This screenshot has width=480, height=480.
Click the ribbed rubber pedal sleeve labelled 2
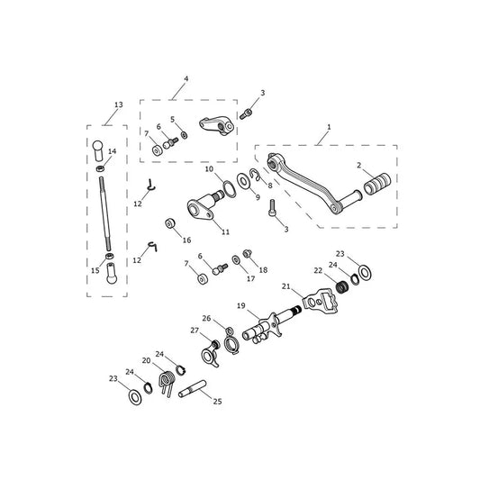377,184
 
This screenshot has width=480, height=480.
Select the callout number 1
329,127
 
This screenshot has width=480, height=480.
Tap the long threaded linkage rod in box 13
104,213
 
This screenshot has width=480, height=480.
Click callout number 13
119,104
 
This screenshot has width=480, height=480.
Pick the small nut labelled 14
100,168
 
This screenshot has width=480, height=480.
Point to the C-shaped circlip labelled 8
255,175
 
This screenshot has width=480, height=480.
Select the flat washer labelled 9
243,181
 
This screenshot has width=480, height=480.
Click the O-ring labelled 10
228,189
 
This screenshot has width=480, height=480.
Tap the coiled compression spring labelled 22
342,287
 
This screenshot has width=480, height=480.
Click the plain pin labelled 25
192,389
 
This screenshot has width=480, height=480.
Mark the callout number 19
241,305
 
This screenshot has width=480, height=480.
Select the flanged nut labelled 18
247,253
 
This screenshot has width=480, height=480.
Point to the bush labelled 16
169,223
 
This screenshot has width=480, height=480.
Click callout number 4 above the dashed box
186,79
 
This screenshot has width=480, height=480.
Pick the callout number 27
195,331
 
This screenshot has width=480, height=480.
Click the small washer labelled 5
184,135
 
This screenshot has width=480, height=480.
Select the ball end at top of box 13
98,149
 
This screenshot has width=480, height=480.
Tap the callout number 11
225,232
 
